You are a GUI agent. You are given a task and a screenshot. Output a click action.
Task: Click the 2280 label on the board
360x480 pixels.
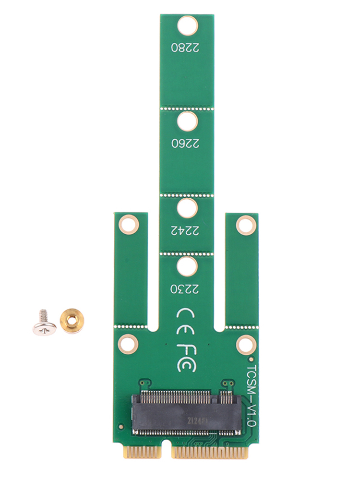coord(185,47)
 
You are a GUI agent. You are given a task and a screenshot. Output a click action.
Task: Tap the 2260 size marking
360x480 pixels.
coord(185,143)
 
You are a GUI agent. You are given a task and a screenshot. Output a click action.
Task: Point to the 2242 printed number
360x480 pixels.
coord(185,230)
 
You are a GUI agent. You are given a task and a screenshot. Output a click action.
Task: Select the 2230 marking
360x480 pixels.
coord(185,288)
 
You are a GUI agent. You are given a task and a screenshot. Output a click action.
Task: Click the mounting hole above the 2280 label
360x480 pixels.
coord(187,25)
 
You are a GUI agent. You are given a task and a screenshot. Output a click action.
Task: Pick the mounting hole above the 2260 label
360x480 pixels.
coord(187,121)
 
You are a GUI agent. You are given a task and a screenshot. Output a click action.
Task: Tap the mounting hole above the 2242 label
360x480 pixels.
coord(187,208)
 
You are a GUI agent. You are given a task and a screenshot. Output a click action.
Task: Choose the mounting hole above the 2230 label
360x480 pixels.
coord(187,266)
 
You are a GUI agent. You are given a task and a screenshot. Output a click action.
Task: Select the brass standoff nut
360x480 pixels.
coord(72,321)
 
